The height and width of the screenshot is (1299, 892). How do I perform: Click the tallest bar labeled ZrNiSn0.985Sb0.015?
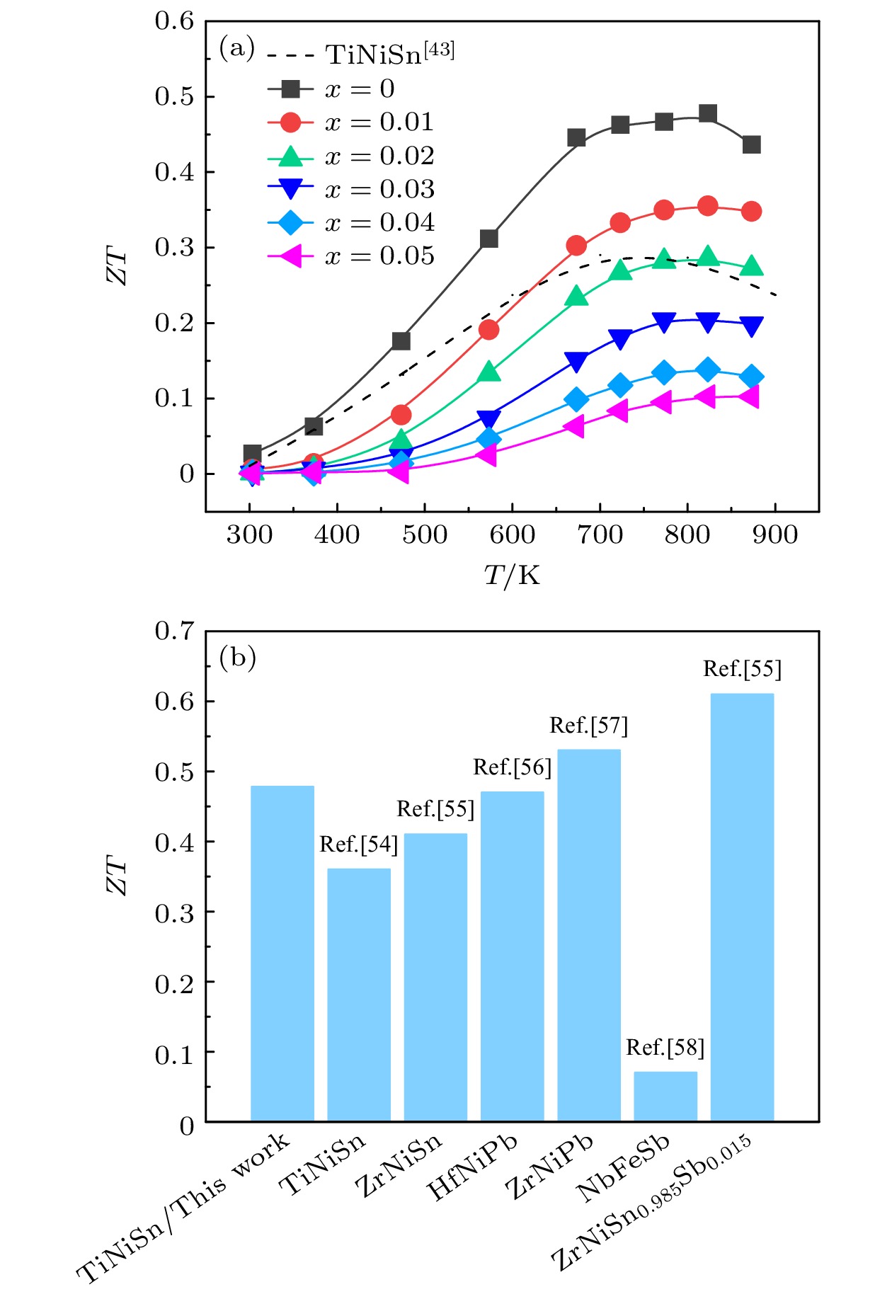(x=742, y=906)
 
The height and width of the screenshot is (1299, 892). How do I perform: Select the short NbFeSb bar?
(x=665, y=1096)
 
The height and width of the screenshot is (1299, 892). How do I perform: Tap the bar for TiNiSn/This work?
(x=282, y=953)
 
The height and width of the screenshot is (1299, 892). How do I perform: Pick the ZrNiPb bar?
(x=588, y=934)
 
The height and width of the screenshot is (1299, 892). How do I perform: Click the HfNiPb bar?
(x=512, y=956)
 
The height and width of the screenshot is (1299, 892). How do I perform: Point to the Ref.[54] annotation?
(x=358, y=845)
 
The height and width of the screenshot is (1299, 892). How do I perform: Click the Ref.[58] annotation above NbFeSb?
(x=665, y=1048)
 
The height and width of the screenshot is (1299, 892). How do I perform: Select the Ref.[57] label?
(x=588, y=726)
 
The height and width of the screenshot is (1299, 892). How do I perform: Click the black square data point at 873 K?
(x=752, y=144)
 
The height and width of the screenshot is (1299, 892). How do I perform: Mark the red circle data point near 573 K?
(x=488, y=329)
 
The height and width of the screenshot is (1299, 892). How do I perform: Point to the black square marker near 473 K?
(x=401, y=341)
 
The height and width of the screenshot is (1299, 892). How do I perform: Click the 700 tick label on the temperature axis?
(x=600, y=534)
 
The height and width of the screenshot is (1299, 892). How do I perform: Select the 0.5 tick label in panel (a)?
(x=174, y=97)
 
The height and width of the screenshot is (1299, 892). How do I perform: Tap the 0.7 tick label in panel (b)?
(x=174, y=631)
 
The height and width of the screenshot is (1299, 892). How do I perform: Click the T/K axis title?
(x=512, y=576)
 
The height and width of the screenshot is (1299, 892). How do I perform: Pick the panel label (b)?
(x=237, y=658)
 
